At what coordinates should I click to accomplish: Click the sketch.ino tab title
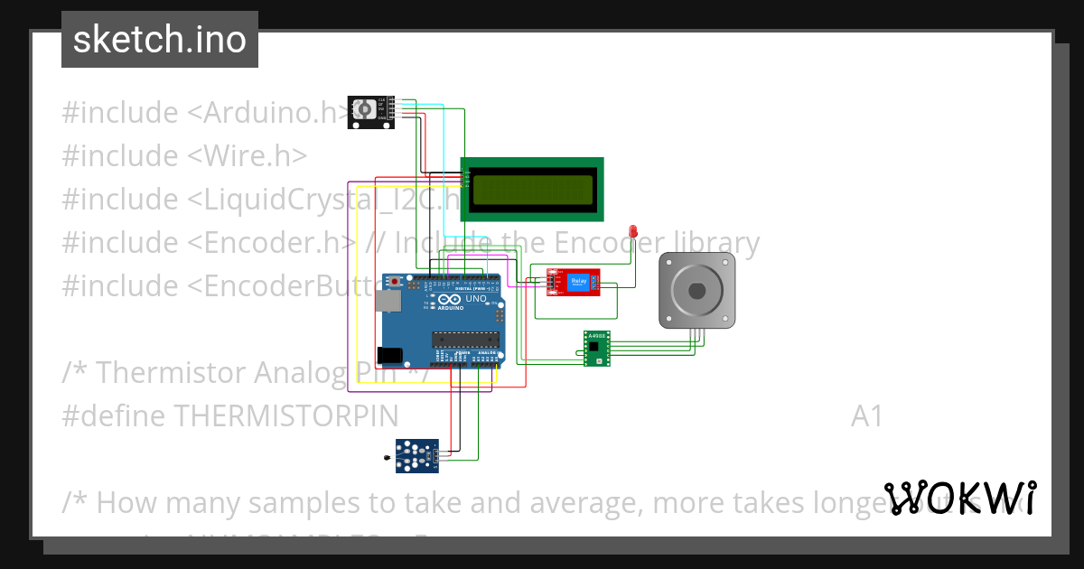pos(160,40)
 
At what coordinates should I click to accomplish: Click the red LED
pos(633,232)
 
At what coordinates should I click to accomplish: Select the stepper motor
pos(696,289)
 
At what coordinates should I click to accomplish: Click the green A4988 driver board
pos(596,349)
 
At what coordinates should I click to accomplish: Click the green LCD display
pos(532,189)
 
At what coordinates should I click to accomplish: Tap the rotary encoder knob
pos(363,110)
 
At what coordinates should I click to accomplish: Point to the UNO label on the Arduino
pos(475,299)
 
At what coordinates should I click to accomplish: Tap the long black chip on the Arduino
pos(465,340)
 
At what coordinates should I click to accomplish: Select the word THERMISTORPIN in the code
pos(285,415)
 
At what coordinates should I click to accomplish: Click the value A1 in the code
pos(866,415)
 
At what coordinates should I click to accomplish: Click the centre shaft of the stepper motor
pos(696,290)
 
